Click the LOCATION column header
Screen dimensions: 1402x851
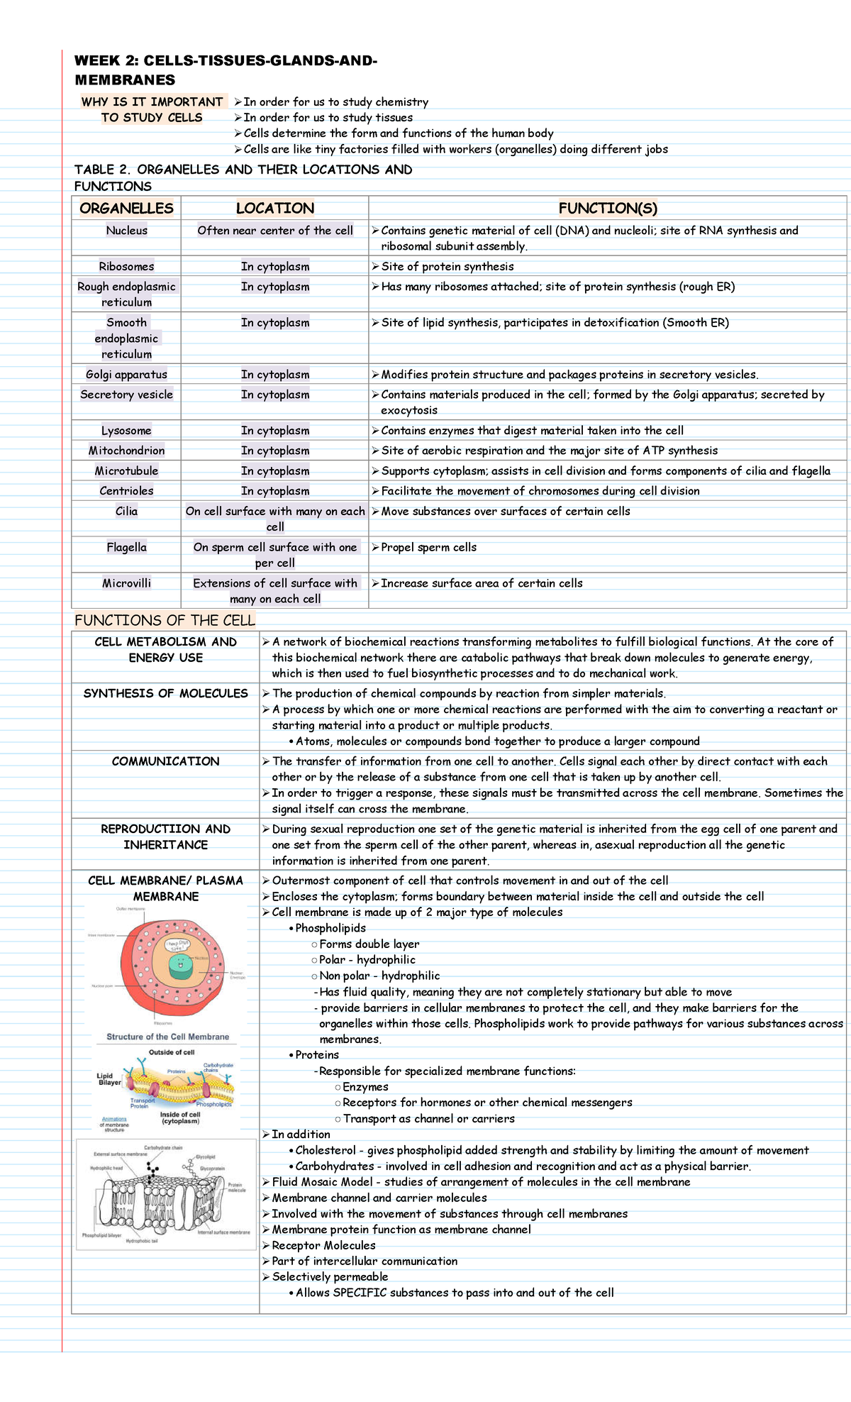(274, 208)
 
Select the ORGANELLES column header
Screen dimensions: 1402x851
(126, 208)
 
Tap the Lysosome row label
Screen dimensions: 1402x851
(126, 431)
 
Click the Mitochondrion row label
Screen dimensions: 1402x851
(126, 451)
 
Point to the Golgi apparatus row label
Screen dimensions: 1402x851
(126, 375)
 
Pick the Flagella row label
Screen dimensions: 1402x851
(126, 547)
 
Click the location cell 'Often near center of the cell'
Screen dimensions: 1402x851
(274, 231)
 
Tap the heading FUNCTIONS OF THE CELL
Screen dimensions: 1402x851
(165, 621)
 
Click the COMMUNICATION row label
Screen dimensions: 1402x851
(165, 761)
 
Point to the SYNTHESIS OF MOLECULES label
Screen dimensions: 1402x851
(165, 693)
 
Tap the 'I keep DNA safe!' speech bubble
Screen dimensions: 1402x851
(176, 945)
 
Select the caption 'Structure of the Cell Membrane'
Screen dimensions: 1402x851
(167, 1037)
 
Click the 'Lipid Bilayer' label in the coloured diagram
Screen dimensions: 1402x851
(109, 1079)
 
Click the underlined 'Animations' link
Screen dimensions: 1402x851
(114, 1120)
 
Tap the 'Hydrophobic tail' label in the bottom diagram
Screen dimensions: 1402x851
(142, 1241)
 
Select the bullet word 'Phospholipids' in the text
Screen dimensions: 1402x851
(330, 928)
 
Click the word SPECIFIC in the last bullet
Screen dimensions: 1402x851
(360, 1293)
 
